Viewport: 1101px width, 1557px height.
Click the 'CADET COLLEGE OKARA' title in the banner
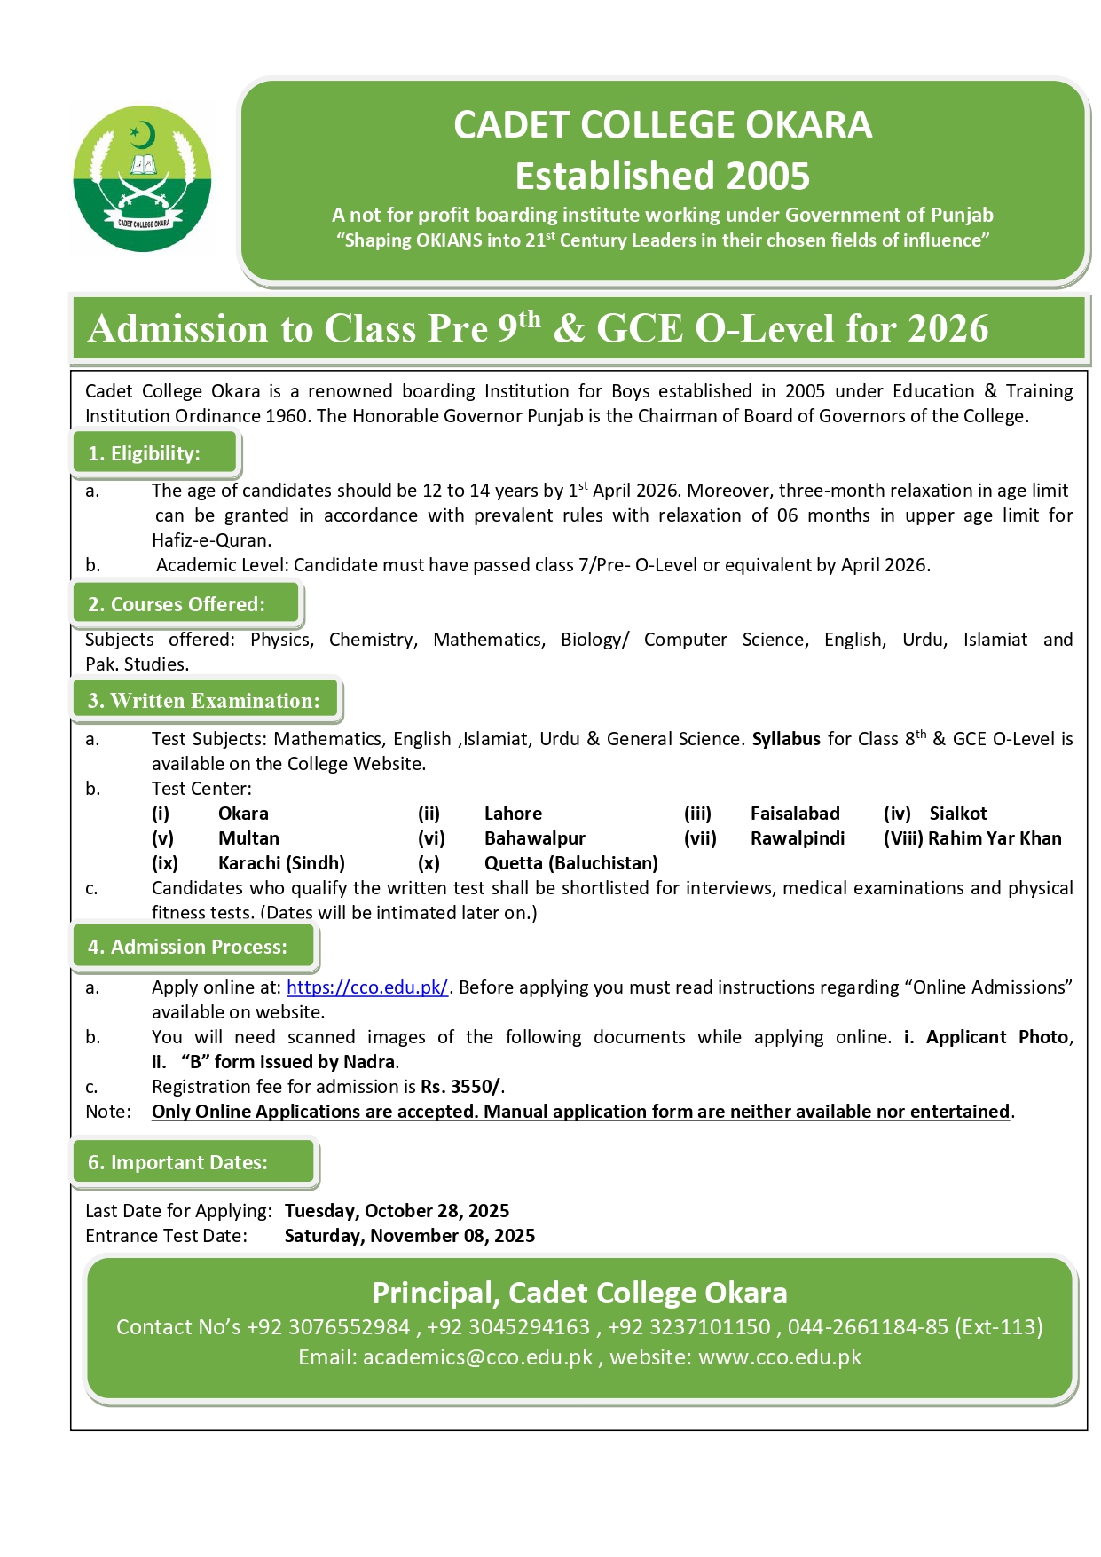tap(663, 125)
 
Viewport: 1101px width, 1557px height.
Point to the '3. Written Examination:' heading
tap(204, 701)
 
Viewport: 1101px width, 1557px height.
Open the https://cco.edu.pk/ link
tap(367, 987)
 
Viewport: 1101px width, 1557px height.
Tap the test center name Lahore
tap(513, 814)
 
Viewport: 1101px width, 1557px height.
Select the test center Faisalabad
tap(795, 814)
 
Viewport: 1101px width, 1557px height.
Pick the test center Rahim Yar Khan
tap(995, 838)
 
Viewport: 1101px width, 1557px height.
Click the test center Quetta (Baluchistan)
tap(571, 863)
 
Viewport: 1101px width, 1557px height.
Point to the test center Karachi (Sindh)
tap(281, 863)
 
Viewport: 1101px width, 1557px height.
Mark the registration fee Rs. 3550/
tap(460, 1087)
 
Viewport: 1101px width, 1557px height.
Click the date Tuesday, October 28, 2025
tap(397, 1211)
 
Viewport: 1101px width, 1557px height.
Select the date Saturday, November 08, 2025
tap(409, 1236)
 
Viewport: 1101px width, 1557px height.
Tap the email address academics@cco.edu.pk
tap(477, 1357)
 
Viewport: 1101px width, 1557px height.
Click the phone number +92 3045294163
tap(508, 1327)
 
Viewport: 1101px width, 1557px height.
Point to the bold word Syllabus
tap(786, 739)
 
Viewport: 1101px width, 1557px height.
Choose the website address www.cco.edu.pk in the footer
tap(780, 1357)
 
